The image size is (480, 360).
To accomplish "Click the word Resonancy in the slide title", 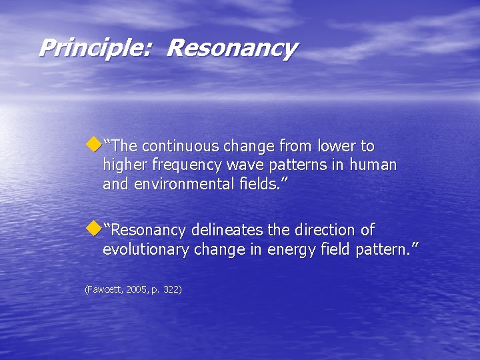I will [231, 49].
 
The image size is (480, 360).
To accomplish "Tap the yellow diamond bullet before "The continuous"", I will [93, 143].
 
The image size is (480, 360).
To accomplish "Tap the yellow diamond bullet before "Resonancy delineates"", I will [93, 228].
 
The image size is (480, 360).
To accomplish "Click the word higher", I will [125, 165].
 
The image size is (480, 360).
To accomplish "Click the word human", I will [373, 165].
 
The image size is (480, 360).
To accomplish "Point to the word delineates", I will [227, 231].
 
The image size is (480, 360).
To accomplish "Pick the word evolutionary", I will [146, 249].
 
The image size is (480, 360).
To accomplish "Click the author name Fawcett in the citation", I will [103, 289].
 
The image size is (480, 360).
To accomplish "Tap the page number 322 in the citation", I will [169, 289].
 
